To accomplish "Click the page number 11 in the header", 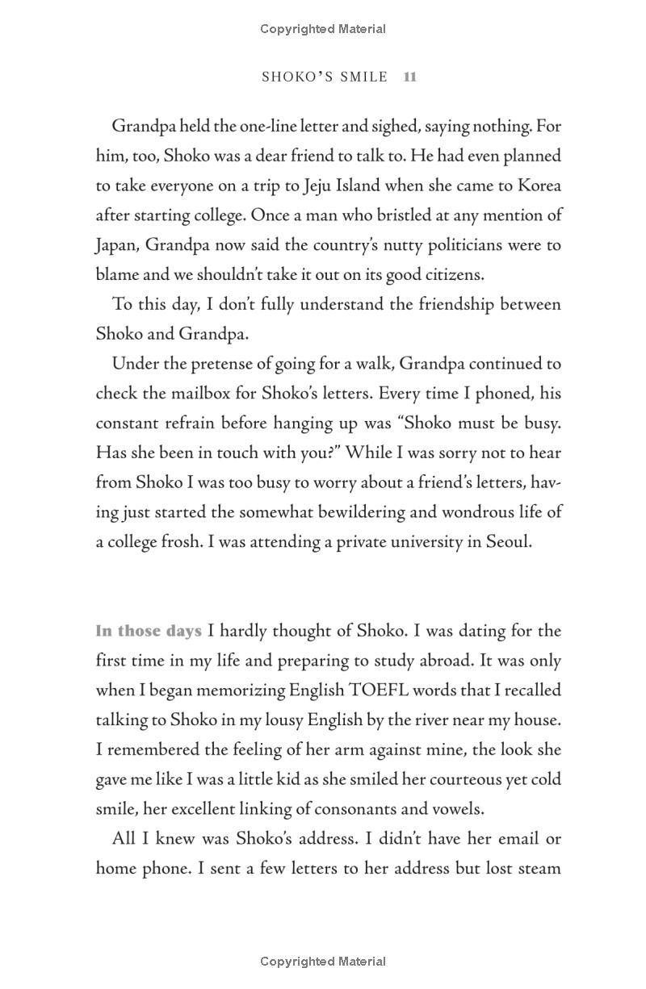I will click(409, 77).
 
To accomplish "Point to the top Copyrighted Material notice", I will click(323, 29).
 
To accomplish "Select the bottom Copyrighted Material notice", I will click(323, 961).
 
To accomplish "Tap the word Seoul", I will click(509, 542).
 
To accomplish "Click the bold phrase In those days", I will click(148, 631).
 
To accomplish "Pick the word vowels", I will click(456, 809).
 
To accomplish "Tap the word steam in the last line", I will click(539, 869).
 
